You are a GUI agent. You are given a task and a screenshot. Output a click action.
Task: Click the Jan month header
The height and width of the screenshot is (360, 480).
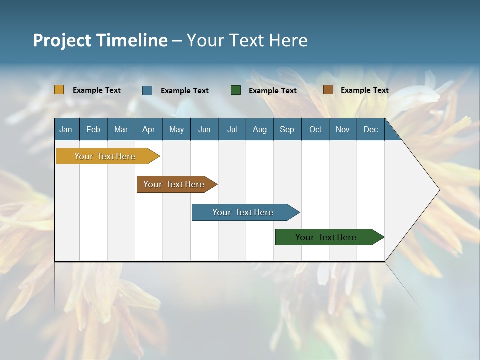66,129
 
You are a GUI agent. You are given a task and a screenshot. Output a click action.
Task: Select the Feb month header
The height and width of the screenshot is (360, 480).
93,129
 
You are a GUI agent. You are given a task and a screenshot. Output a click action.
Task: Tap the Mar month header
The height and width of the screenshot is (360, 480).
121,129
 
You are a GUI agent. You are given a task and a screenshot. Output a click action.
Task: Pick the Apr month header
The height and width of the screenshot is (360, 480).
149,129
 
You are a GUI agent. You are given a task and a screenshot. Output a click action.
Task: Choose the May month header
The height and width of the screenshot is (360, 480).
176,129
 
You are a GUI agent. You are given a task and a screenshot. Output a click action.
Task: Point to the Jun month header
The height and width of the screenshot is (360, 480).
204,129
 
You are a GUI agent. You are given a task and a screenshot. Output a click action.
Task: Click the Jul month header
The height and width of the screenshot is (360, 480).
232,129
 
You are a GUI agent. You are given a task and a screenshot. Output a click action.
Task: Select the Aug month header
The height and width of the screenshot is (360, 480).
260,129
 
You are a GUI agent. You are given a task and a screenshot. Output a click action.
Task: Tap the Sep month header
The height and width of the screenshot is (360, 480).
287,129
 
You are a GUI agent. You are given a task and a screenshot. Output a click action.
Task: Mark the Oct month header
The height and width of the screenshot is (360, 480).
315,129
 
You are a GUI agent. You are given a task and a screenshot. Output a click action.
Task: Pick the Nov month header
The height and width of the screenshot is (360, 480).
343,129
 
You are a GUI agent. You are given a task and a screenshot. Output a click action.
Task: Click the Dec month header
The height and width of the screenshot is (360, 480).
371,129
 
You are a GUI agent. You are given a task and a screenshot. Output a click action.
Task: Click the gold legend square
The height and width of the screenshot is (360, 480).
59,90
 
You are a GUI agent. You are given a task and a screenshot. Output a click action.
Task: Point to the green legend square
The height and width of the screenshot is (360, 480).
236,90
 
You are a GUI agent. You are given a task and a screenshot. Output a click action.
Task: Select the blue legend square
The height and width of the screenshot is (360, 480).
147,90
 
